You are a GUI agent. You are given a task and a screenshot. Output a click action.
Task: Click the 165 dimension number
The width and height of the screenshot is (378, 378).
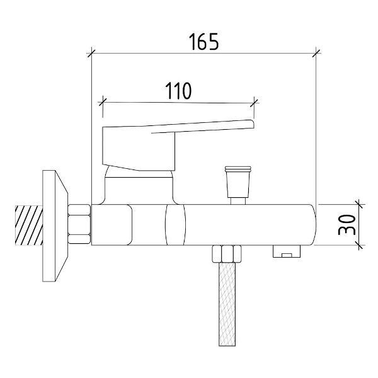coord(204,42)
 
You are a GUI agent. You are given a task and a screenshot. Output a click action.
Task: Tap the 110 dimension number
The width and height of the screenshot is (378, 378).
coord(178,91)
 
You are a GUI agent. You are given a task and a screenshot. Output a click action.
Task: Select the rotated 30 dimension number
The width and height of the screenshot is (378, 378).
coord(347,225)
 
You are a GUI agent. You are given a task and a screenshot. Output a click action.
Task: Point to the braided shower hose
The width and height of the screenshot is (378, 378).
coord(227,304)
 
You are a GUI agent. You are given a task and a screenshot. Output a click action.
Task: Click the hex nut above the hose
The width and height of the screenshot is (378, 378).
coord(227,254)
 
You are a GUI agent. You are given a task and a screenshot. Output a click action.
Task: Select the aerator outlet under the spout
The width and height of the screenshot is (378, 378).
coord(287,251)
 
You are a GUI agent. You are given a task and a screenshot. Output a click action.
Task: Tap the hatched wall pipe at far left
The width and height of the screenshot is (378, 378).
coord(29,225)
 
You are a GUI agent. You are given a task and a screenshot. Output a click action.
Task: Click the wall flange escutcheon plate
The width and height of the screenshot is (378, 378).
coord(55,226)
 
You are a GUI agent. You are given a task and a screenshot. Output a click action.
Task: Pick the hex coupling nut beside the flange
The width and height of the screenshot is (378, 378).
coord(79,224)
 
